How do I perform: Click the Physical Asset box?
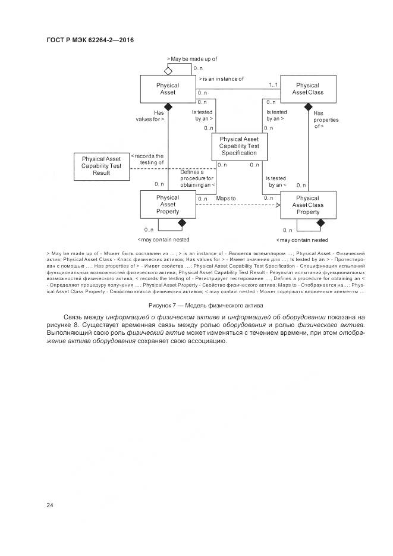(167, 89)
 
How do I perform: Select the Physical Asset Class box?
(307, 89)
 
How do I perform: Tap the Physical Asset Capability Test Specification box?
(238, 146)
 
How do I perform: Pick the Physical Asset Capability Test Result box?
(101, 166)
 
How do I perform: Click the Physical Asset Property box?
(167, 205)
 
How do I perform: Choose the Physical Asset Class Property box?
(307, 205)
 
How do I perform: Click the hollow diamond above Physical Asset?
(168, 71)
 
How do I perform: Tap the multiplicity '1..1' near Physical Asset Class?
(273, 85)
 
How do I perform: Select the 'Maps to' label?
(226, 198)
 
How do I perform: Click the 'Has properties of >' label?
(326, 120)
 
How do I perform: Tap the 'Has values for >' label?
(150, 115)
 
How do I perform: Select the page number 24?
(50, 505)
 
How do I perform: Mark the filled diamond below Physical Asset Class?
(308, 107)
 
